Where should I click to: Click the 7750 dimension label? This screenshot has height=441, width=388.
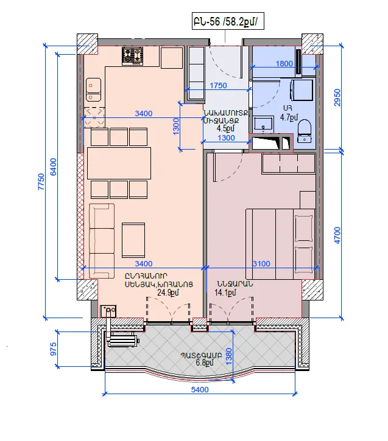pyautogui.click(x=41, y=182)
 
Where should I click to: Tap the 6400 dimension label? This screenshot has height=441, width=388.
pyautogui.click(x=53, y=167)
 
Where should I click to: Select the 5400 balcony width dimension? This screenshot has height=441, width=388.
pyautogui.click(x=200, y=389)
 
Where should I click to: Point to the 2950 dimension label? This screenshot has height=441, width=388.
pyautogui.click(x=337, y=97)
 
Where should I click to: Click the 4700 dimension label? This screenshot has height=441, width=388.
pyautogui.click(x=337, y=235)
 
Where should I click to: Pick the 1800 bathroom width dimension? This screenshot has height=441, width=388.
pyautogui.click(x=284, y=63)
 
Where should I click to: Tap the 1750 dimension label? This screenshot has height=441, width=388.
pyautogui.click(x=218, y=86)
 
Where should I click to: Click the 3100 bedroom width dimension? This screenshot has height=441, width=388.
pyautogui.click(x=261, y=264)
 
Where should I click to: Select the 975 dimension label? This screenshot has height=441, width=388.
pyautogui.click(x=53, y=349)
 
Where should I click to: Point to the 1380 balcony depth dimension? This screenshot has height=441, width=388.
pyautogui.click(x=229, y=356)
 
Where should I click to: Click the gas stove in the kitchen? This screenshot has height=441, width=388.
pyautogui.click(x=132, y=56)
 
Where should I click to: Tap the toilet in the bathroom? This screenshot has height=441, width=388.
pyautogui.click(x=304, y=131)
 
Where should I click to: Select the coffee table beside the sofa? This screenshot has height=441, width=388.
pyautogui.click(x=133, y=240)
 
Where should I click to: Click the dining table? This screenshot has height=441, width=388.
pyautogui.click(x=119, y=163)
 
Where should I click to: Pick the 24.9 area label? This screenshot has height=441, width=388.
pyautogui.click(x=168, y=293)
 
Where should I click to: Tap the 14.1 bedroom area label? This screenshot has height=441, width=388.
pyautogui.click(x=225, y=293)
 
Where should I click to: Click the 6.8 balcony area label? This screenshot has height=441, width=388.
pyautogui.click(x=205, y=363)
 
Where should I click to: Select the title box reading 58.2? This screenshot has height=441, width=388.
pyautogui.click(x=228, y=21)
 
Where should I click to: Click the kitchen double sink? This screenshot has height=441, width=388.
pyautogui.click(x=93, y=89)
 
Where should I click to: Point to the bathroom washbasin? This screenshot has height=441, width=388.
pyautogui.click(x=263, y=124)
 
